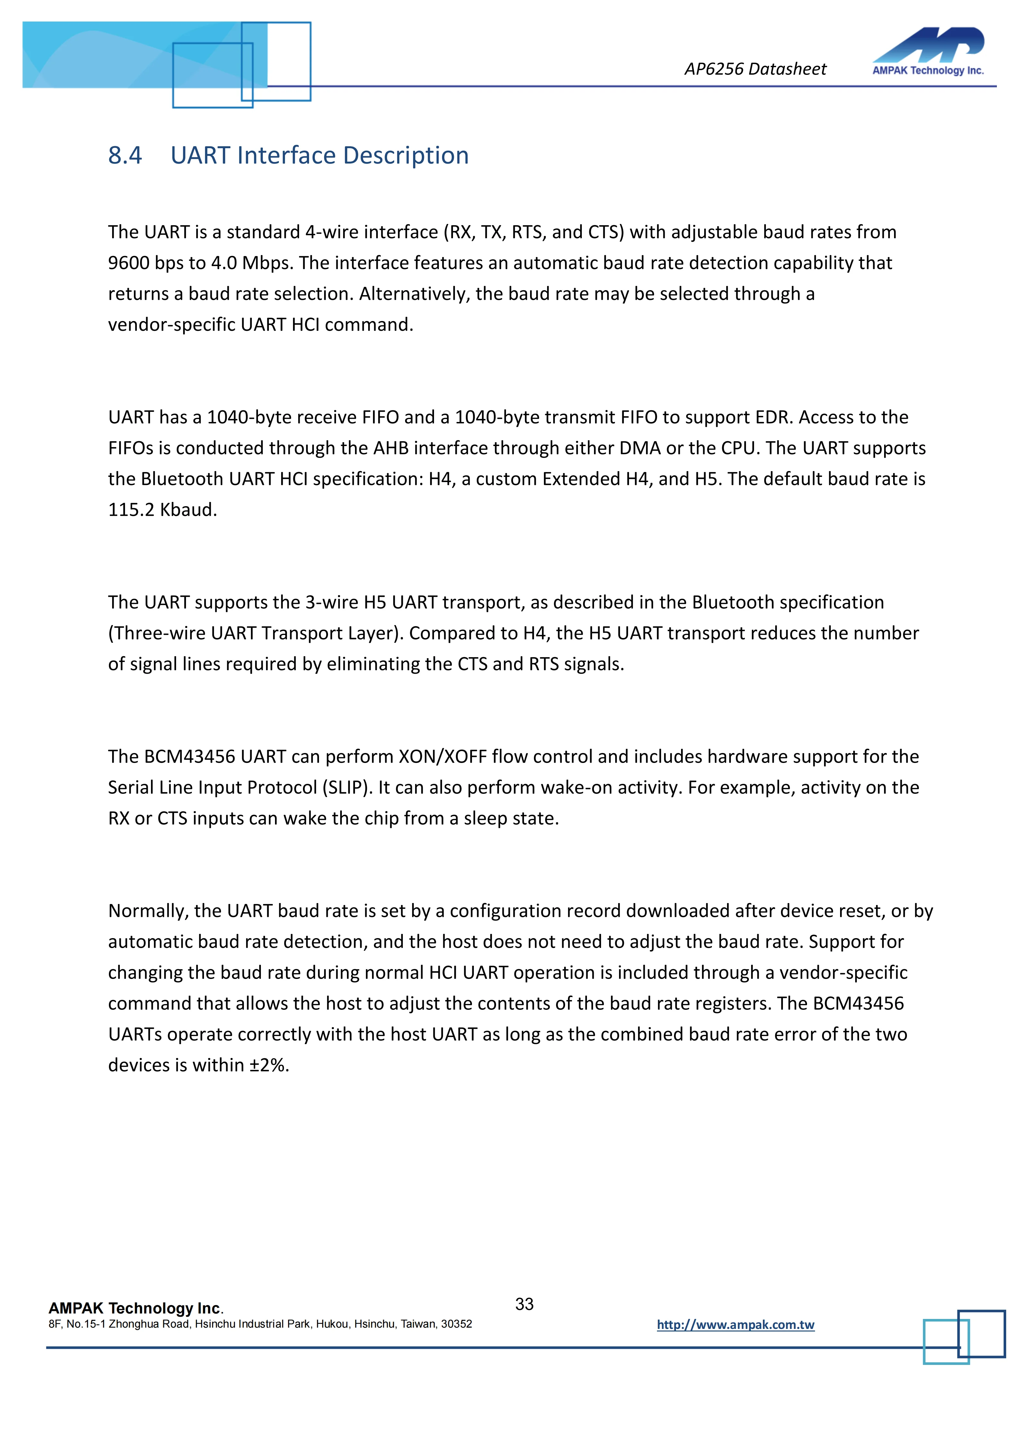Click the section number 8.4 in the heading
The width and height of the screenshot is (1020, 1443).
point(125,155)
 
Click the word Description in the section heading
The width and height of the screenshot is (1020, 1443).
point(406,155)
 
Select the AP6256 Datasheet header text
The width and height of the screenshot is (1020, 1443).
point(755,69)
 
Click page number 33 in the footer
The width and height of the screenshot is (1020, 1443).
point(524,1304)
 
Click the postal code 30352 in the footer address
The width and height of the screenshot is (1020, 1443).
point(457,1323)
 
